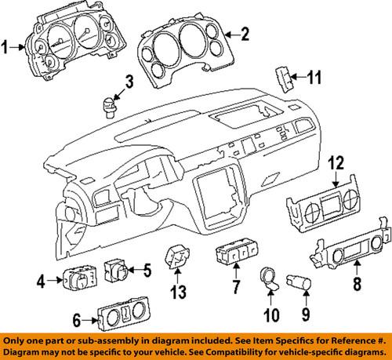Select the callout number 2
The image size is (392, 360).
point(245,33)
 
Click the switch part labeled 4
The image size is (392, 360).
point(80,275)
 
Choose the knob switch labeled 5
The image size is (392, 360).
point(120,271)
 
